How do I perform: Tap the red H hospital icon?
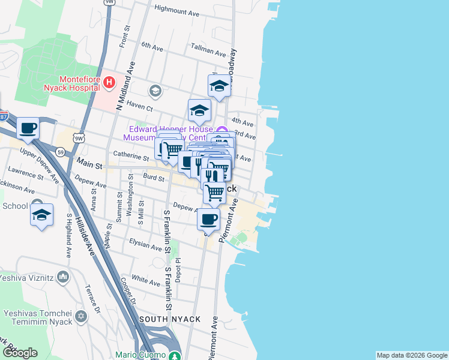pyautogui.click(x=109, y=82)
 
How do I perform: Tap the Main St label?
pyautogui.click(x=90, y=163)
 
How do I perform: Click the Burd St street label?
pyautogui.click(x=154, y=178)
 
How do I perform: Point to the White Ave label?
pyautogui.click(x=145, y=279)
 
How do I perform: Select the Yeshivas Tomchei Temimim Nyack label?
pyautogui.click(x=38, y=317)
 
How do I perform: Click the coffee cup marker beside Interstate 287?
pyautogui.click(x=28, y=128)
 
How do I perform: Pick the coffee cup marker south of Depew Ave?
pyautogui.click(x=208, y=220)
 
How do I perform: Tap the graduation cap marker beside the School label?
pyautogui.click(x=41, y=215)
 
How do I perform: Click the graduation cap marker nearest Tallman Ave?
pyautogui.click(x=219, y=86)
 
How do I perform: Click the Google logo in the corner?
pyautogui.click(x=19, y=353)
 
